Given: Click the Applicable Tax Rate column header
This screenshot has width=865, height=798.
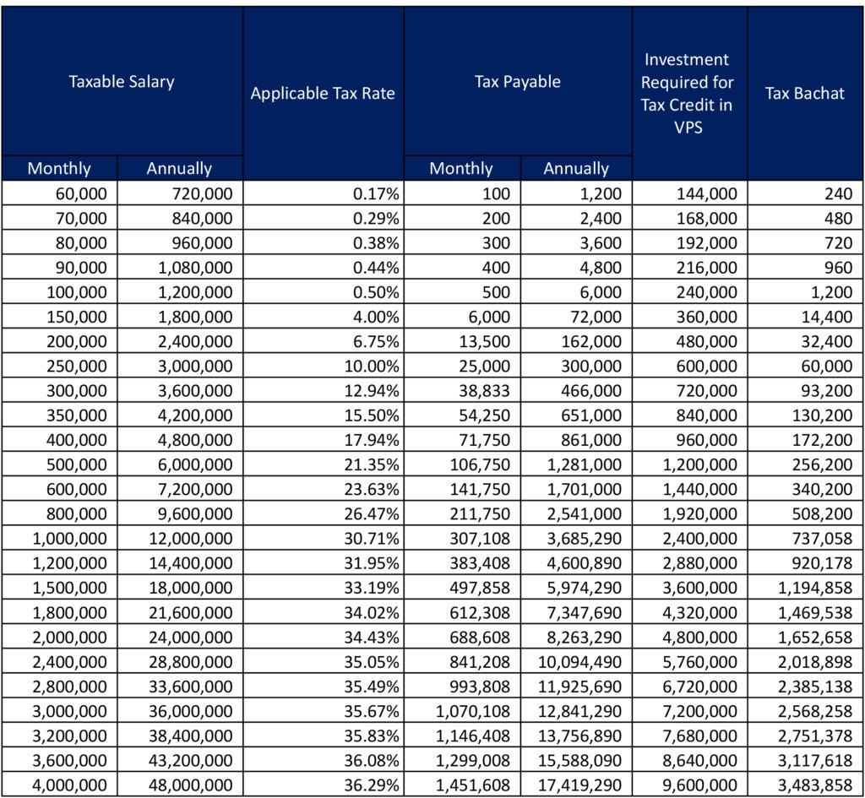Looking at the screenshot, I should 323,93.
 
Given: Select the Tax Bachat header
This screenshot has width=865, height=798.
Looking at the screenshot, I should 804,93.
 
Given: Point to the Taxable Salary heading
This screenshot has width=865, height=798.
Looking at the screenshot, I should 122,82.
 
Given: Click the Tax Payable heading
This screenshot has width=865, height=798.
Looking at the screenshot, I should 517,82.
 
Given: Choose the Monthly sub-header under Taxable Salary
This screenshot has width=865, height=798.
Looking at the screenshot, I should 59,168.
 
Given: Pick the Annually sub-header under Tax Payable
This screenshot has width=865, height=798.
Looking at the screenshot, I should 576,168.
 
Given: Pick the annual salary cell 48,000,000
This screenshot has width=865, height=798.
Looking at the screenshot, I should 188,784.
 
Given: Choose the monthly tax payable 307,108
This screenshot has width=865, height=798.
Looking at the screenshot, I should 479,539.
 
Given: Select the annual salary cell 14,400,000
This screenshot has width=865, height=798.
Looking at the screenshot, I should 188,563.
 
